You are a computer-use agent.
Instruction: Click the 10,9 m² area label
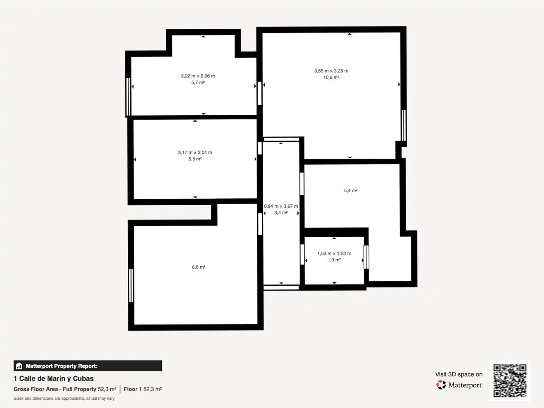coord(331,77)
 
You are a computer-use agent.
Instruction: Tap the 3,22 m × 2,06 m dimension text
coord(198,76)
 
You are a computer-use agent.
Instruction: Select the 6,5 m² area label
coord(195,159)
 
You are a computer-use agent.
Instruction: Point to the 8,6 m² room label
coord(198,267)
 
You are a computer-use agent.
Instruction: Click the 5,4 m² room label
coord(351,190)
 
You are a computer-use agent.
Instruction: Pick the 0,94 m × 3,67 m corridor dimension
coord(281,206)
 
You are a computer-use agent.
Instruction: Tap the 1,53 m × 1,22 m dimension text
coord(334,253)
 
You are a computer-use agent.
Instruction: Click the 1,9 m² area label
coord(334,260)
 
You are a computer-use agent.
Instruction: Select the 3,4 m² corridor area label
coord(281,213)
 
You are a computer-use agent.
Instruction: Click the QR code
coord(510,380)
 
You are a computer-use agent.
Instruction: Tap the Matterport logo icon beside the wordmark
coord(441,385)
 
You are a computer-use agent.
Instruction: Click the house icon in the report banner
coord(19,366)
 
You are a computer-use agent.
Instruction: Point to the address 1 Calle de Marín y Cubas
coord(54,379)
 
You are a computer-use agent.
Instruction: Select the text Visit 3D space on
coord(459,374)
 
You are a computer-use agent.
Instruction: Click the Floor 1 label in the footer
coord(133,389)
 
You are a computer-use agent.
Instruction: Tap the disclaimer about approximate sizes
coord(64,398)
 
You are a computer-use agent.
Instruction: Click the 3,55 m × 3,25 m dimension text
coord(331,71)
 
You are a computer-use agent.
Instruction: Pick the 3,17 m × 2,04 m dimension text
coord(195,153)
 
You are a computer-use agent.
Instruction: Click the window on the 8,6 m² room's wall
coord(131,285)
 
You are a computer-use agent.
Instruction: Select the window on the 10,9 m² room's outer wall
coord(403,125)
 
